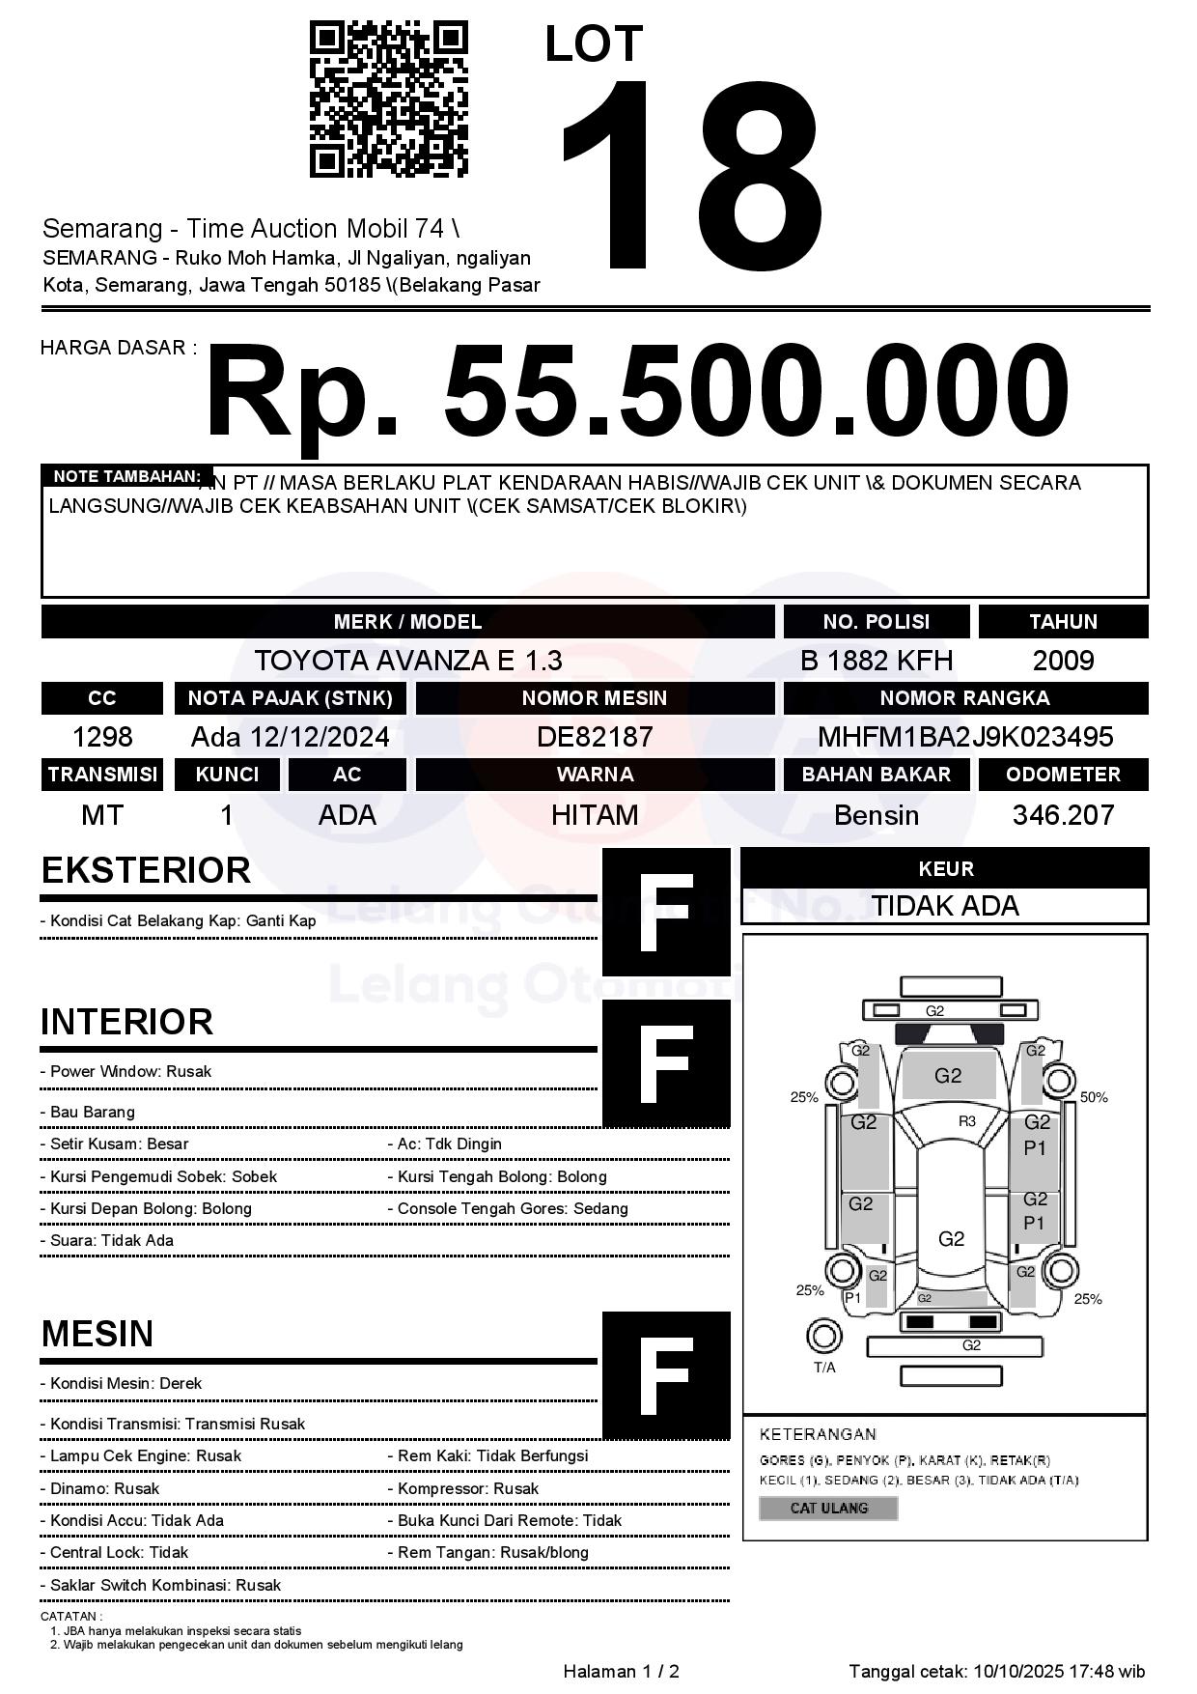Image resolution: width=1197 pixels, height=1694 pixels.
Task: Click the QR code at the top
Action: point(388,100)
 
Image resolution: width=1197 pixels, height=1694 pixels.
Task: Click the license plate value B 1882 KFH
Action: point(876,661)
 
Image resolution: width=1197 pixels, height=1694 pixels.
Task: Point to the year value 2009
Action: point(1063,661)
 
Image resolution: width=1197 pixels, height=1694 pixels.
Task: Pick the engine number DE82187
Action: point(595,737)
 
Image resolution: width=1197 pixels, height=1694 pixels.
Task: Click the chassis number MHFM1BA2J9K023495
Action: point(965,737)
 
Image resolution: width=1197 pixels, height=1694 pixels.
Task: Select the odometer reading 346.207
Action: point(1063,815)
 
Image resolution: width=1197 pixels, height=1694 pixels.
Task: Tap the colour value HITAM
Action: point(595,815)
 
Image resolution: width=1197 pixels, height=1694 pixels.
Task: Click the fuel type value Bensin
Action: point(876,815)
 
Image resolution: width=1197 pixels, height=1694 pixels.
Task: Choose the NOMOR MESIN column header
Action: point(595,698)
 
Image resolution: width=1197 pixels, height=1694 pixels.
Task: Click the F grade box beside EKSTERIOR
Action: point(666,912)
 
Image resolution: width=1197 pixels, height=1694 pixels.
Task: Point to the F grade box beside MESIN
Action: point(666,1375)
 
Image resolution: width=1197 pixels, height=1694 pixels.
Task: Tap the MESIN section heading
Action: point(97,1334)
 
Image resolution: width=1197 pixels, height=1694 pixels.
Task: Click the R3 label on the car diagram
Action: point(966,1121)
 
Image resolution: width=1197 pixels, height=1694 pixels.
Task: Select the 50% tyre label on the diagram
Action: point(1094,1097)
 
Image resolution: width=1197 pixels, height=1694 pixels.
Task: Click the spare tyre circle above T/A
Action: point(823,1337)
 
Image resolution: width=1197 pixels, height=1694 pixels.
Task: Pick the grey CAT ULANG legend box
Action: point(828,1508)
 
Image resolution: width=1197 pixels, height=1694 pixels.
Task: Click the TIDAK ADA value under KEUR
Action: point(945,906)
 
